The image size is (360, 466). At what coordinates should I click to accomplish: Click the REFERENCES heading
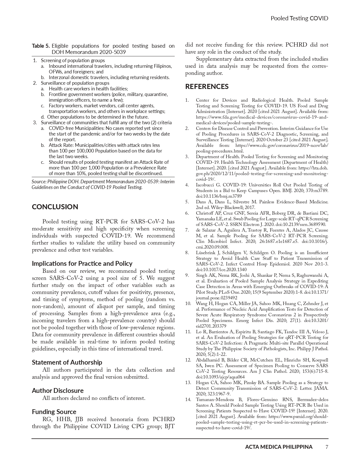click(x=207, y=86)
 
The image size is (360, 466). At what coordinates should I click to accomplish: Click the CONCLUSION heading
click(x=55, y=207)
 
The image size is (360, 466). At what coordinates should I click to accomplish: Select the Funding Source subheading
click(x=54, y=411)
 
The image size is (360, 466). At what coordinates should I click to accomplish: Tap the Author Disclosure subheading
click(x=58, y=390)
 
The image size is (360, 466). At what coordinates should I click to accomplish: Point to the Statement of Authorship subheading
click(x=67, y=362)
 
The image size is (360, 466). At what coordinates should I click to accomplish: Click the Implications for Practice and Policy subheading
click(x=82, y=263)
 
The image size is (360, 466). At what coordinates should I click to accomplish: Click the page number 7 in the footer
click(x=327, y=447)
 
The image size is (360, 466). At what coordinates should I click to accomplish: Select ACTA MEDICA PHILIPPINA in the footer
click(x=279, y=447)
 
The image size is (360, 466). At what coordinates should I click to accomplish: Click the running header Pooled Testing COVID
click(x=299, y=18)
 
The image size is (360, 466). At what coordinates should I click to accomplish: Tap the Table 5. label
click(x=41, y=46)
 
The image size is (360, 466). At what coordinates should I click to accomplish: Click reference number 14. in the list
click(x=188, y=399)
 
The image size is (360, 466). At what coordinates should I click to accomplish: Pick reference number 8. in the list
click(x=187, y=252)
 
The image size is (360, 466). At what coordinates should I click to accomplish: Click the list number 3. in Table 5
click(x=35, y=123)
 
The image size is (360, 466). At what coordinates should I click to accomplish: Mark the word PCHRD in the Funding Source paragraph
click(x=163, y=419)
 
